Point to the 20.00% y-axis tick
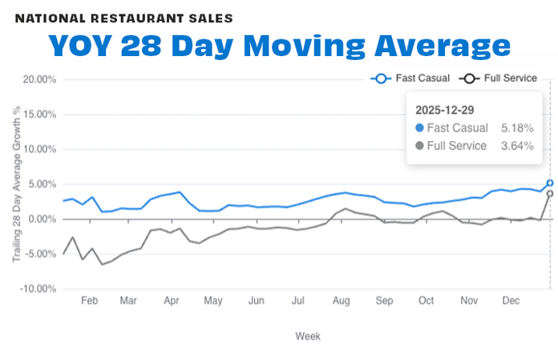coord(38,79)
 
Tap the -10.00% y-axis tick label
coord(37,289)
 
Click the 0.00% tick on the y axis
coord(40,219)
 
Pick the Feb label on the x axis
coord(89,301)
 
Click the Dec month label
coord(510,301)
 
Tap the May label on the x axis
coord(213,301)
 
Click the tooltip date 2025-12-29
coord(443,108)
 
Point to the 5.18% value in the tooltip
coord(517,127)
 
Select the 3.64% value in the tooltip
coord(517,146)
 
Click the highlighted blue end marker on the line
coord(550,183)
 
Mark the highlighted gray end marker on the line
coord(550,193)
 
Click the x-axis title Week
coord(307,336)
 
